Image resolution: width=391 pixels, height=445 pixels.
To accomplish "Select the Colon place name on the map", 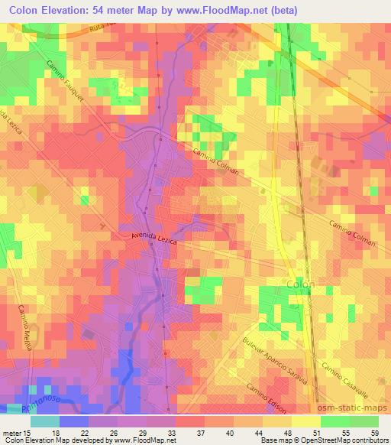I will (299, 283).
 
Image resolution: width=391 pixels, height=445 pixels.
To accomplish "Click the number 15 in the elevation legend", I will (28, 432).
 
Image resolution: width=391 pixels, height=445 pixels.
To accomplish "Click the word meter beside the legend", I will (11, 432).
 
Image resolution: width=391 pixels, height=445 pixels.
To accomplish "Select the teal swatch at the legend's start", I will (44, 422).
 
